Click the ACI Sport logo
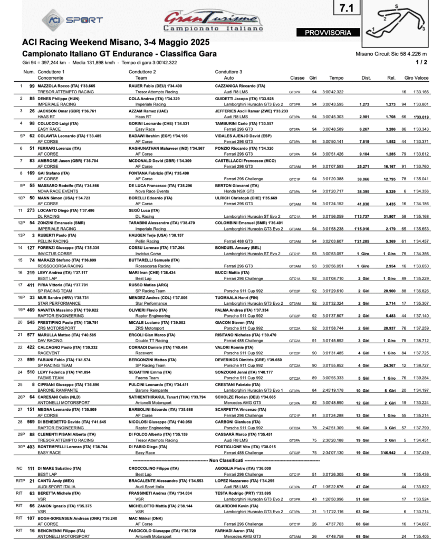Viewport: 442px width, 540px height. coord(73,20)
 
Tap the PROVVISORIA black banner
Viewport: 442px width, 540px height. coord(328,32)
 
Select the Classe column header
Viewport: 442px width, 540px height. coord(297,78)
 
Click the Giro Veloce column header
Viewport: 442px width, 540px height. coord(416,78)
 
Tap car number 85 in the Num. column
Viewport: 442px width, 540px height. coord(32,98)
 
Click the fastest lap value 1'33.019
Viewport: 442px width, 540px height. coord(421,117)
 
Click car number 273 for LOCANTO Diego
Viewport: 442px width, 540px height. coord(31,210)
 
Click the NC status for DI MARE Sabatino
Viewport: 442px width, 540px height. coord(19,469)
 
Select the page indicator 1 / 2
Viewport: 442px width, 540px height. coord(421,62)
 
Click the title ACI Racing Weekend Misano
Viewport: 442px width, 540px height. coord(116,42)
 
